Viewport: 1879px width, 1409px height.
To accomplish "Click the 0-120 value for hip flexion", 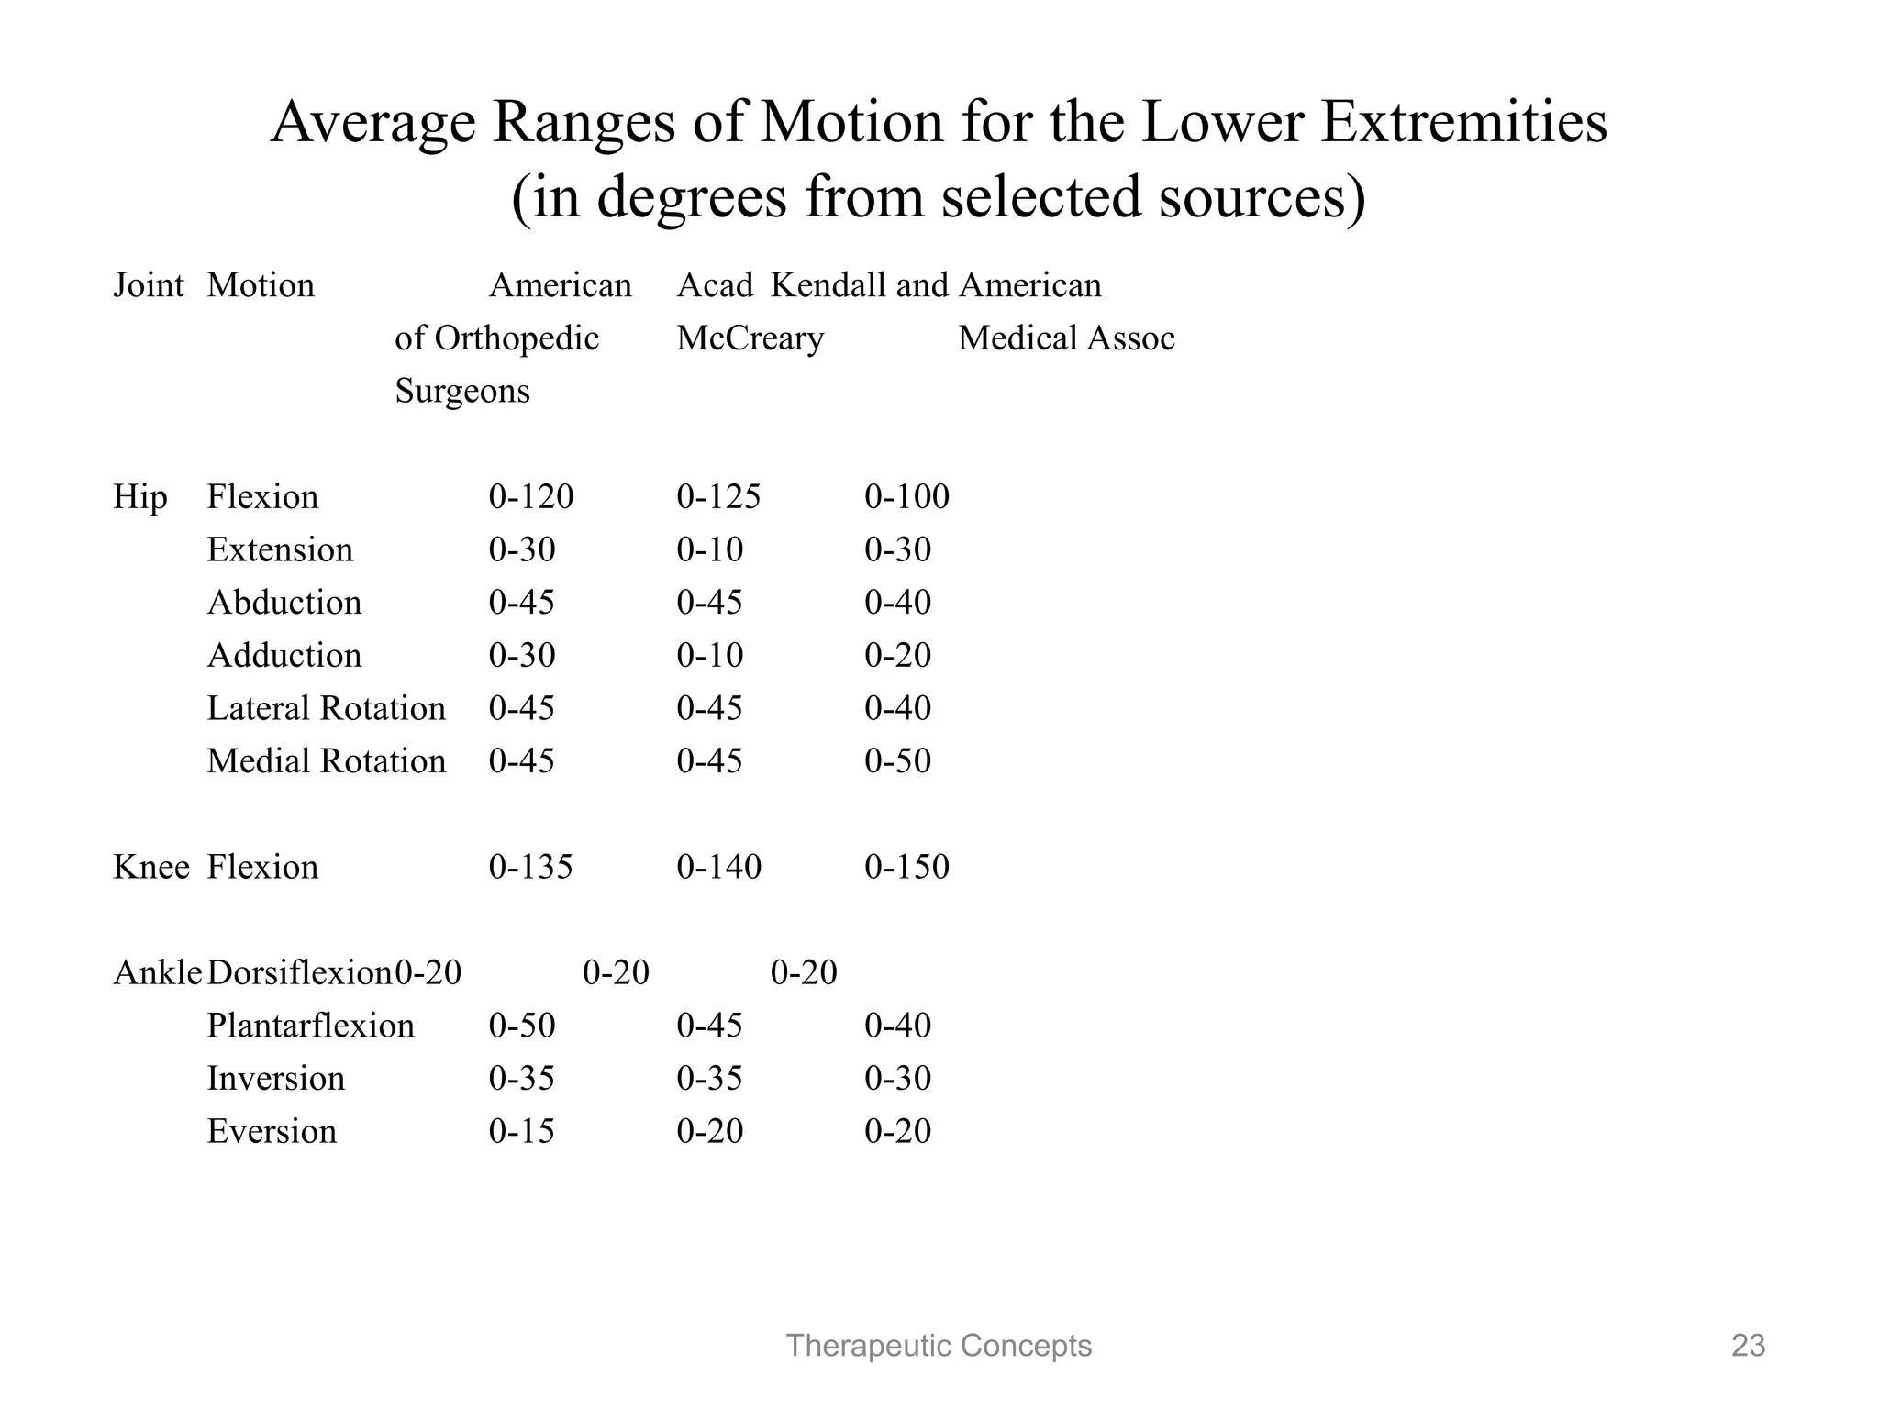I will pyautogui.click(x=530, y=497).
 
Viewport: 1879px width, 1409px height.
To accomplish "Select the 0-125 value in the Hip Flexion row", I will pyautogui.click(x=718, y=497).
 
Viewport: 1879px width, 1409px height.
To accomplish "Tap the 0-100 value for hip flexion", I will pyautogui.click(x=906, y=497).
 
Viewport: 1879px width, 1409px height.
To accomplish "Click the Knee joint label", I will pyautogui.click(x=150, y=867).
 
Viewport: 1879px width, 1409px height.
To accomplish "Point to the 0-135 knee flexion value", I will pyautogui.click(x=530, y=867).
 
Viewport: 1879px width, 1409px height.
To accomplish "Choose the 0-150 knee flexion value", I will pyautogui.click(x=906, y=867).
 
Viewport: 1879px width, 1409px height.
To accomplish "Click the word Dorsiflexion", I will pyautogui.click(x=299, y=972).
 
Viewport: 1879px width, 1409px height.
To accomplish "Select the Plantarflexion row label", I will pyautogui.click(x=310, y=1026).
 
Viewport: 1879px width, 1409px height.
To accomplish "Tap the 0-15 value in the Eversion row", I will pyautogui.click(x=521, y=1131).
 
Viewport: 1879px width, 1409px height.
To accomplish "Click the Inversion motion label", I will pyautogui.click(x=275, y=1079).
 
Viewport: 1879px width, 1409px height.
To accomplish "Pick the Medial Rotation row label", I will pyautogui.click(x=326, y=761).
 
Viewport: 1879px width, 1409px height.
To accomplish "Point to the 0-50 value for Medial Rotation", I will pyautogui.click(x=897, y=761).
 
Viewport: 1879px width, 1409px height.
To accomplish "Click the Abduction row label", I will pyautogui.click(x=284, y=603).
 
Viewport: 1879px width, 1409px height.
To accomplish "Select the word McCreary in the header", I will pyautogui.click(x=750, y=338).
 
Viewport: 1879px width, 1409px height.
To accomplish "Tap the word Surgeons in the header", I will pyautogui.click(x=461, y=392).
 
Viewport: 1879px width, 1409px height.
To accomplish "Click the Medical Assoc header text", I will pyautogui.click(x=1066, y=338).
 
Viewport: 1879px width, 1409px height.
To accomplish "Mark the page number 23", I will pyautogui.click(x=1748, y=1346).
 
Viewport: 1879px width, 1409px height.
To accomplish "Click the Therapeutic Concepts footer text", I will pyautogui.click(x=939, y=1346).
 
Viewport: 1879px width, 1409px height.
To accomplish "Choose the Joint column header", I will pyautogui.click(x=148, y=286).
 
